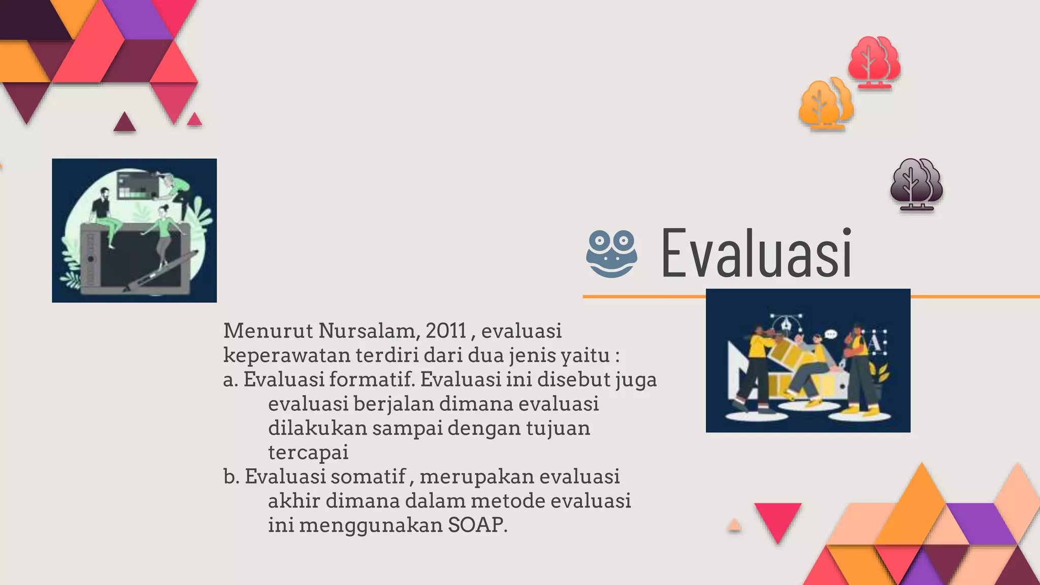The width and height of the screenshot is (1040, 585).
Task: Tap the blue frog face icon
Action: (x=611, y=254)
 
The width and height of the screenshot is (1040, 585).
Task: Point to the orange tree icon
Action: (x=825, y=104)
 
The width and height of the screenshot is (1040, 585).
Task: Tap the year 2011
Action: (x=446, y=331)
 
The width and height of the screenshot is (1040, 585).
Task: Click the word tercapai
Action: (x=308, y=452)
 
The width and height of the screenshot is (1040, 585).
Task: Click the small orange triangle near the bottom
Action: (x=734, y=526)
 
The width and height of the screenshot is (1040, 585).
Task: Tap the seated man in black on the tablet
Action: (x=104, y=213)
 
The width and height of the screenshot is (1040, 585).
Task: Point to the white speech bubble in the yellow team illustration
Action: (x=831, y=334)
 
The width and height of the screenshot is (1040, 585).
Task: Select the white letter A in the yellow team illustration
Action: (x=874, y=343)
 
